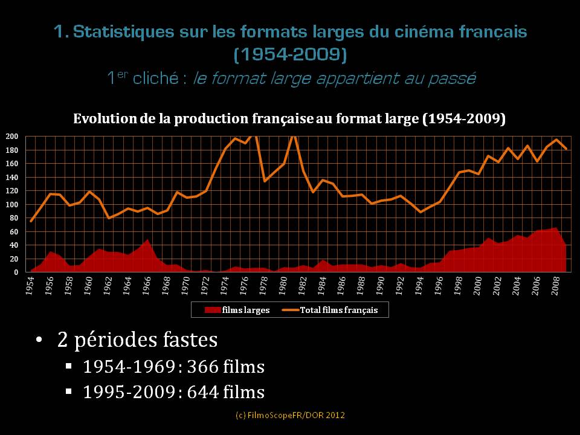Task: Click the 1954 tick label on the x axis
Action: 30,286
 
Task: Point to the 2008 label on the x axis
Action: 555,286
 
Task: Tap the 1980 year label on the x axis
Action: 283,286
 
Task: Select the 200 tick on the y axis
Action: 12,136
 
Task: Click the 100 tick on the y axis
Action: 12,204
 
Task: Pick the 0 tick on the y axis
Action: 16,272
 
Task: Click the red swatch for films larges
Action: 213,309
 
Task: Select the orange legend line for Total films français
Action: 291,310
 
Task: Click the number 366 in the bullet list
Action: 203,367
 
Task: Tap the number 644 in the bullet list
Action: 203,391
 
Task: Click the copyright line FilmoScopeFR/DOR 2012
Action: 290,415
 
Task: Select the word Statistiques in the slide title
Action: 123,31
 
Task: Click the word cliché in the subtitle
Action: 156,78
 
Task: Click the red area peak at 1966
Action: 147,240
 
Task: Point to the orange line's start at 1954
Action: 31,221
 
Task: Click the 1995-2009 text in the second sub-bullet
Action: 128,391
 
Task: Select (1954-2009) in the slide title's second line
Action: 291,54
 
